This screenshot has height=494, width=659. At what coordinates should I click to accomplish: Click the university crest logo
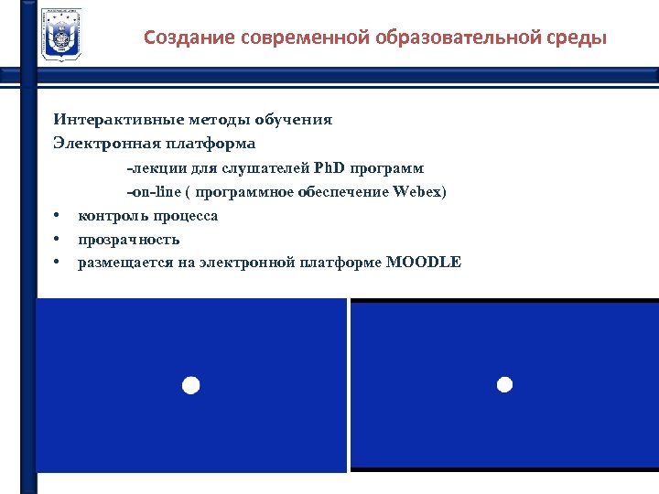coord(61,35)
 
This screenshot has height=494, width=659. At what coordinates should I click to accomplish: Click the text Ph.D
coord(332,168)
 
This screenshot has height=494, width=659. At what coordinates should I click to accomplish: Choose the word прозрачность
coord(129,240)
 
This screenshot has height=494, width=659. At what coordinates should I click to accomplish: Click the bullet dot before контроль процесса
coord(57,217)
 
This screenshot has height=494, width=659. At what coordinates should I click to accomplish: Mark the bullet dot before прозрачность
coord(57,241)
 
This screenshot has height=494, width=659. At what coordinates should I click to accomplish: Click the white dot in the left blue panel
coord(189,385)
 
